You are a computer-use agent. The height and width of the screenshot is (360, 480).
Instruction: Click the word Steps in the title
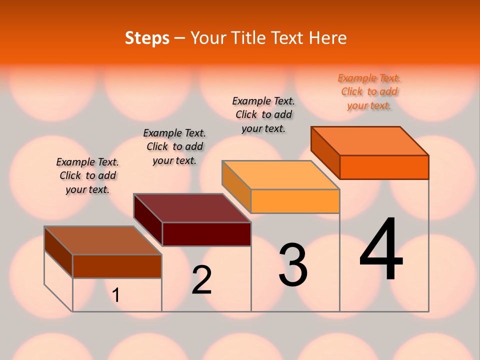tap(147, 38)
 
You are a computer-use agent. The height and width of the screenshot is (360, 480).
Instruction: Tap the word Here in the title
tap(327, 38)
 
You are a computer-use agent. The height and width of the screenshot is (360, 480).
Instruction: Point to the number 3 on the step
tap(293, 265)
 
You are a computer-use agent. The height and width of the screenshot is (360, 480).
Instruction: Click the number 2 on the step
tap(201, 280)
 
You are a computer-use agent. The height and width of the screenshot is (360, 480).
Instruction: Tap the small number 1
tap(116, 295)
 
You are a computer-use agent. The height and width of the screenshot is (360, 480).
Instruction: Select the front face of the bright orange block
tap(384, 167)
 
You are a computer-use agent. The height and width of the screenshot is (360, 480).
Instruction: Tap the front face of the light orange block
tap(295, 201)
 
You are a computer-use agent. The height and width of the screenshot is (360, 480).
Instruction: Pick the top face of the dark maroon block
tap(192, 208)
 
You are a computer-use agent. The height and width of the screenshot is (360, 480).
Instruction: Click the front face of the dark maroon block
tap(206, 234)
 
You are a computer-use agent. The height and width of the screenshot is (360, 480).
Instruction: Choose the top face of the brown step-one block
tap(103, 240)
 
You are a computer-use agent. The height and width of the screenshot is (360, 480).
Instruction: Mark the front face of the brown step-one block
tap(117, 266)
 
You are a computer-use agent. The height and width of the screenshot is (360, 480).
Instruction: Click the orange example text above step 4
tap(369, 91)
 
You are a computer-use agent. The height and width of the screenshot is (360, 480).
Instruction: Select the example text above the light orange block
tap(263, 114)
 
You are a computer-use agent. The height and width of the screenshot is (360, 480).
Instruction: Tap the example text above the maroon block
tap(174, 146)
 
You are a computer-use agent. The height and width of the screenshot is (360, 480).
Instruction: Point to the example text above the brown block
tap(87, 175)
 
